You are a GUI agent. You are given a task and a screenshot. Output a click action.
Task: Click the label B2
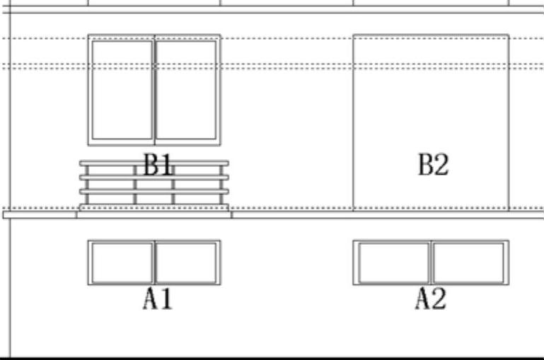click(432, 166)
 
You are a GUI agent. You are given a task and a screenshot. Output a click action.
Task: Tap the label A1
click(157, 299)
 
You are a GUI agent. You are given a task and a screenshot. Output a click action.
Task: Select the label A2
click(430, 299)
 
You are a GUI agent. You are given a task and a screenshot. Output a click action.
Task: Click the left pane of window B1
click(122, 89)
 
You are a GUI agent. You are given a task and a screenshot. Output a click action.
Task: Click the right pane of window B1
click(186, 89)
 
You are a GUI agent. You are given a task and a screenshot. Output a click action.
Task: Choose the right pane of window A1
click(186, 262)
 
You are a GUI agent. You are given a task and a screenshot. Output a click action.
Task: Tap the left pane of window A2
click(393, 262)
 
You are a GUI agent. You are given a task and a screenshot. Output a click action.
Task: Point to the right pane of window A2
click(468, 262)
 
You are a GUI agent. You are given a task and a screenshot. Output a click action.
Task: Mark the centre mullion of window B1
click(154, 89)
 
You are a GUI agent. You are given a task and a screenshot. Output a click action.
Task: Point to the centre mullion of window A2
click(431, 262)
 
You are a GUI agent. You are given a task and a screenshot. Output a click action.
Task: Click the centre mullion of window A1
click(154, 262)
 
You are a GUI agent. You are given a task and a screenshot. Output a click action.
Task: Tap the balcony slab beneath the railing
click(154, 214)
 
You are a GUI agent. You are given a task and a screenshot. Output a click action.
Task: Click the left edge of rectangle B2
click(353, 120)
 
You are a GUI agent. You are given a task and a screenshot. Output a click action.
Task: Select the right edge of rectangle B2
click(509, 120)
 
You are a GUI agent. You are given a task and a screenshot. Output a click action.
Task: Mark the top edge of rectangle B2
click(431, 35)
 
